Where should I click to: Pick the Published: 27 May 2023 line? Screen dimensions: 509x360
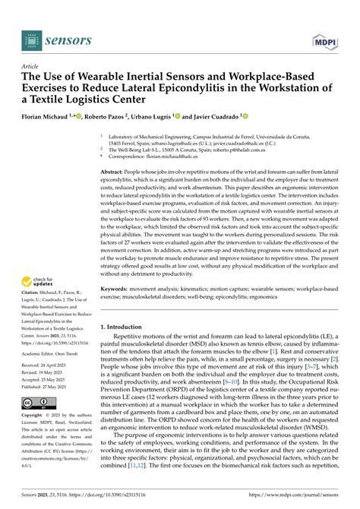[x=50, y=385]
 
